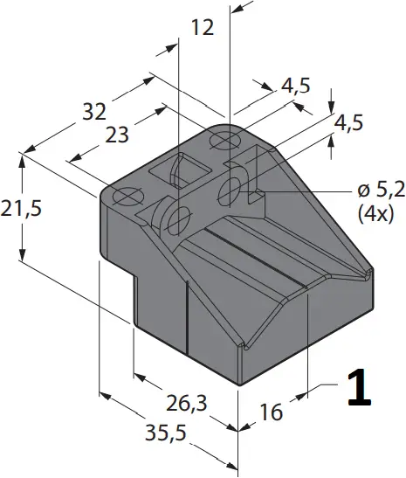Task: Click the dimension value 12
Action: tap(202, 29)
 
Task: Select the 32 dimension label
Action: tap(94, 112)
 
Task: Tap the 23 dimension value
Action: tap(118, 135)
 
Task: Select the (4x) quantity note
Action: tap(377, 212)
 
